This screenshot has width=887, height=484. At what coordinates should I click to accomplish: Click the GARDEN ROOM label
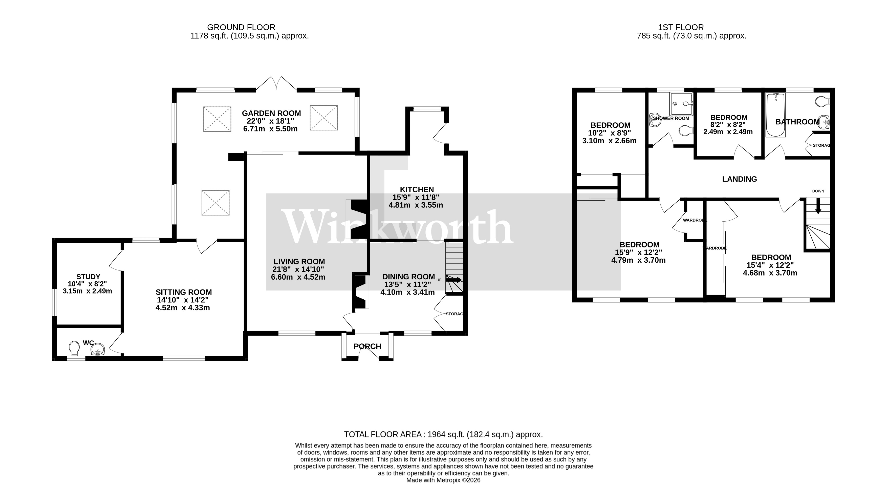[x=271, y=113]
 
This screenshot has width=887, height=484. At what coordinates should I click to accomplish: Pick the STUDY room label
[x=88, y=277]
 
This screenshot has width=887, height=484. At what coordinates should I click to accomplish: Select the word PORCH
[x=367, y=346]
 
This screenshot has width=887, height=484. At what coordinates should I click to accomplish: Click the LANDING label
[x=739, y=179]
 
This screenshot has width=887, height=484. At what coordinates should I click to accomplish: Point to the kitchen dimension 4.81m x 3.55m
[x=416, y=205]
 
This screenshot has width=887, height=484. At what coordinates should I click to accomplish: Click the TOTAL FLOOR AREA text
[x=443, y=434]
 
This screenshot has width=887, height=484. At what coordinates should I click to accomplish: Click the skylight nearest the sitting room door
[x=215, y=203]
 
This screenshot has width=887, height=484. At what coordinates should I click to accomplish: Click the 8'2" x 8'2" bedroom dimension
[x=729, y=125]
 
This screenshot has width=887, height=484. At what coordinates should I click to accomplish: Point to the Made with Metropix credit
[x=443, y=480]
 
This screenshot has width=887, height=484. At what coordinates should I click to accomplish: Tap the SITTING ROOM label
[x=184, y=292]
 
